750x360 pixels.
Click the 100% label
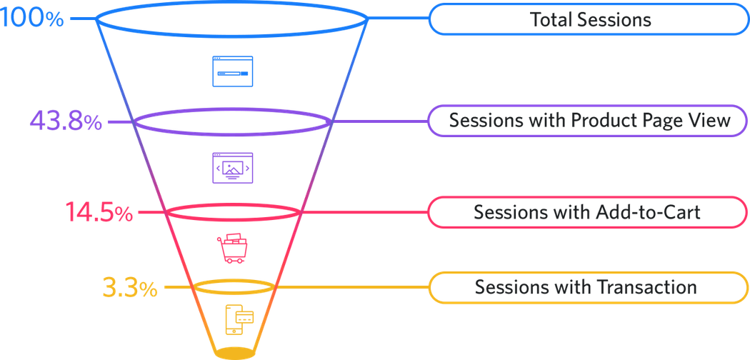[x=32, y=18]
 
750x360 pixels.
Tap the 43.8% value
[x=66, y=121]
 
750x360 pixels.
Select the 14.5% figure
[x=99, y=212]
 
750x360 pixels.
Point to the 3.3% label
[x=129, y=289]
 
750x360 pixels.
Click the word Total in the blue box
[x=552, y=19]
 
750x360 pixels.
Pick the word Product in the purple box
[x=601, y=121]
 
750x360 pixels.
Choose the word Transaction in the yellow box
[x=649, y=287]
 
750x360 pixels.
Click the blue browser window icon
[x=233, y=71]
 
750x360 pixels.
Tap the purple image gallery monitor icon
[x=233, y=168]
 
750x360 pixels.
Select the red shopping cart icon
[x=233, y=247]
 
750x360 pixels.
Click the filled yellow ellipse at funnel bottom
[x=233, y=352]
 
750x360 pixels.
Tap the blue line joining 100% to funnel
[x=82, y=19]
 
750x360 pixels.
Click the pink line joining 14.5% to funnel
[x=150, y=212]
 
